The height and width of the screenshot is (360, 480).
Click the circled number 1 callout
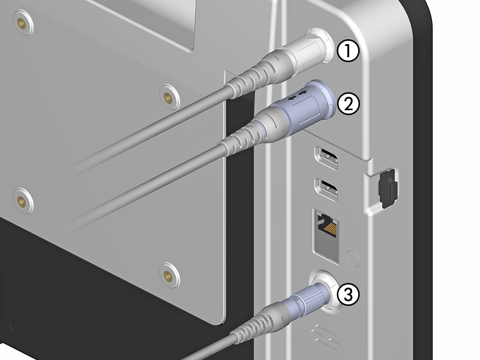point(347,52)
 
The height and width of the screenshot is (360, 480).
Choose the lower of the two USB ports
point(328,189)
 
